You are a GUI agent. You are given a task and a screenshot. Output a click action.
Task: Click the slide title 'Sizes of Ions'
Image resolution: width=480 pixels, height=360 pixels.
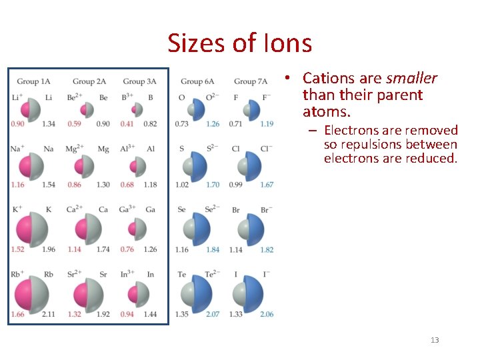[239, 43]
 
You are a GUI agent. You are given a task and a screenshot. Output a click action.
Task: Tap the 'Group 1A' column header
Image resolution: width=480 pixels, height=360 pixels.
[33, 81]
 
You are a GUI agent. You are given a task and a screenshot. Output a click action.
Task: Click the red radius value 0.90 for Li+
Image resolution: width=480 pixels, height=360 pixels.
[18, 124]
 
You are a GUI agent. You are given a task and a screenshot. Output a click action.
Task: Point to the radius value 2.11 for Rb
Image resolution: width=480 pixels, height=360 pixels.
[49, 314]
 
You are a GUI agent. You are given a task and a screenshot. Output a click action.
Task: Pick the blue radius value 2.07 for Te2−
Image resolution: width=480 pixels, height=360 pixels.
[213, 314]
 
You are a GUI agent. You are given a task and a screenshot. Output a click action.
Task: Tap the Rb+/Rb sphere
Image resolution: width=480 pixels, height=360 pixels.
[33, 292]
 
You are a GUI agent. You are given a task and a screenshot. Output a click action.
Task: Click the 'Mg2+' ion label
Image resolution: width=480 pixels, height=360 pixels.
[74, 149]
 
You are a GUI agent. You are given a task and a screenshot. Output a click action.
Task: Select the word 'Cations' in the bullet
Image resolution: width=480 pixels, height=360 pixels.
[327, 79]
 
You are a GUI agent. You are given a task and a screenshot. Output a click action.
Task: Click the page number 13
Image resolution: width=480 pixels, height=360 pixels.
[435, 340]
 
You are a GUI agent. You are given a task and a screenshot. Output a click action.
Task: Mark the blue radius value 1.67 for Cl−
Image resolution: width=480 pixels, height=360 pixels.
[267, 185]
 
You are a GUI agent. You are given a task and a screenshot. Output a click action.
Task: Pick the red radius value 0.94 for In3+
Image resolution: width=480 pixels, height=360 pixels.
[127, 314]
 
